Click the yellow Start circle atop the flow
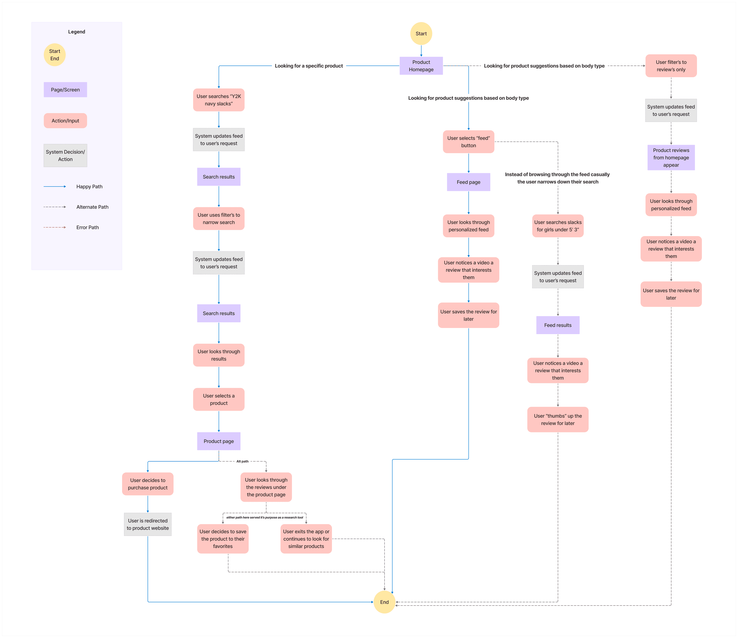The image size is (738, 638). [x=421, y=33]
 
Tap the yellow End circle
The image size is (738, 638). [x=384, y=602]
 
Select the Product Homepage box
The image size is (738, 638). [x=421, y=66]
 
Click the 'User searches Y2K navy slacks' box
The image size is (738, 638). [x=219, y=100]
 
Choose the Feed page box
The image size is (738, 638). [x=468, y=182]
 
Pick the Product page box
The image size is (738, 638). [x=219, y=441]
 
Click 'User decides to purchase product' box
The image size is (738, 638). [x=148, y=484]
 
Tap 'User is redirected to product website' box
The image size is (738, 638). [x=148, y=524]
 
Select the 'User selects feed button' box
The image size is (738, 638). [x=468, y=142]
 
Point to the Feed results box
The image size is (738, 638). [x=558, y=325]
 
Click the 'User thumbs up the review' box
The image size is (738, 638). [x=558, y=420]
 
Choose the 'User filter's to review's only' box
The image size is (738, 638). [x=671, y=66]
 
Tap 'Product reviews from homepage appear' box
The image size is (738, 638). [x=671, y=157]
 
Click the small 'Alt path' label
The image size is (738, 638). [x=243, y=461]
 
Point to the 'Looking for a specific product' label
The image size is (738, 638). [x=309, y=66]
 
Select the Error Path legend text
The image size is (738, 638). [x=88, y=227]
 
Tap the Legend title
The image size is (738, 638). [x=77, y=32]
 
